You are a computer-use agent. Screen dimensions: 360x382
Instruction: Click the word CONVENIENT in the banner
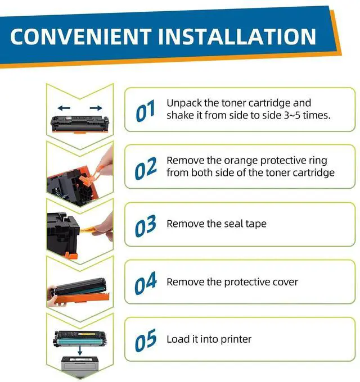pyautogui.click(x=81, y=37)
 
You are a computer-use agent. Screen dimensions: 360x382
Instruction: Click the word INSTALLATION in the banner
pyautogui.click(x=237, y=37)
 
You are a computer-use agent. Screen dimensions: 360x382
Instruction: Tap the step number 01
pyautogui.click(x=145, y=111)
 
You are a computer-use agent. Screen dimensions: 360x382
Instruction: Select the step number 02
pyautogui.click(x=146, y=168)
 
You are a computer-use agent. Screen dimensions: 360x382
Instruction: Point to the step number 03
pyautogui.click(x=146, y=226)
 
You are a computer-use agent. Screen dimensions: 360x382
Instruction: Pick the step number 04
pyautogui.click(x=146, y=283)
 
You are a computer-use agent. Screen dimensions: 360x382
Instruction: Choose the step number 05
pyautogui.click(x=146, y=340)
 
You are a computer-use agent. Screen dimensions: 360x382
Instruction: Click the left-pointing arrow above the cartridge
pyautogui.click(x=64, y=108)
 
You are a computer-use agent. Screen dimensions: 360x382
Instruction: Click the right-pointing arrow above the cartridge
pyautogui.click(x=96, y=108)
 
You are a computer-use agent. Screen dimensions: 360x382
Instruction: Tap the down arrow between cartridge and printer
pyautogui.click(x=80, y=350)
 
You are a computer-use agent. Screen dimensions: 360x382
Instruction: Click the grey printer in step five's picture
pyautogui.click(x=80, y=364)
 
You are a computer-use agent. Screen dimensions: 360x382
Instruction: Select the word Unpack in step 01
pyautogui.click(x=184, y=103)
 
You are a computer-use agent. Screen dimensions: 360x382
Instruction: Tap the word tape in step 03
pyautogui.click(x=256, y=224)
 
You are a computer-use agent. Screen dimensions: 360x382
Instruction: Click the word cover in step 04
pyautogui.click(x=285, y=282)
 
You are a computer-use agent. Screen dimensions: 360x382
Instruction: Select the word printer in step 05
pyautogui.click(x=236, y=340)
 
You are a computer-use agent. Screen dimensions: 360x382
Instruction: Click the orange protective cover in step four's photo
pyautogui.click(x=82, y=298)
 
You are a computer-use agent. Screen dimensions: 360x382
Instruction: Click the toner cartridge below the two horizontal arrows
pyautogui.click(x=79, y=124)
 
